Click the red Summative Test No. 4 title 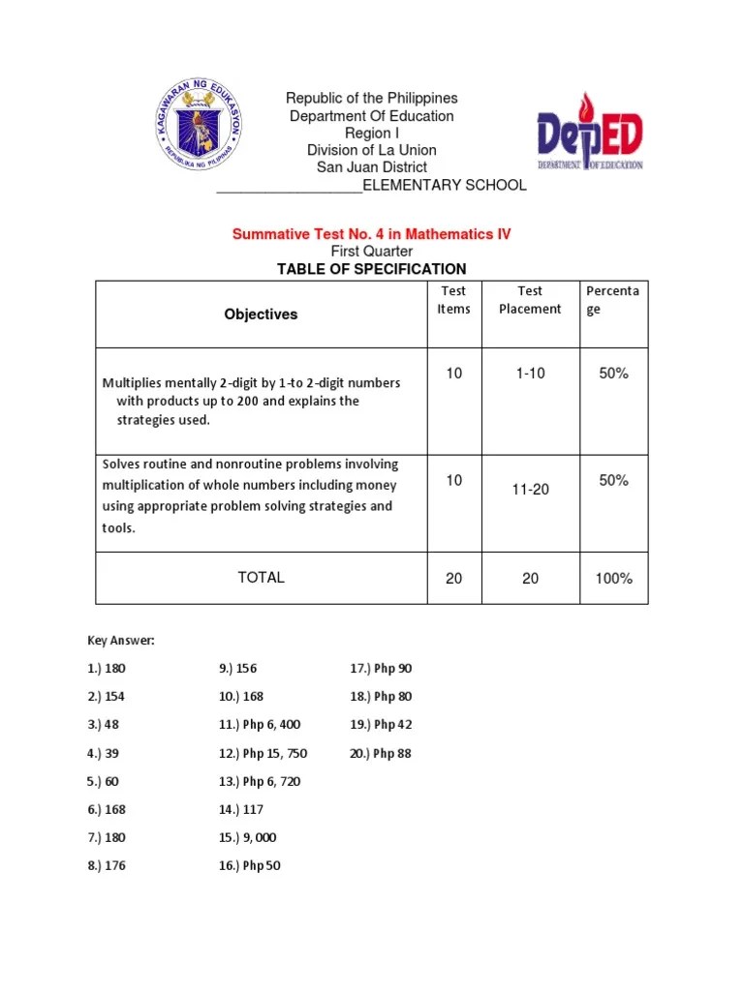pyautogui.click(x=371, y=234)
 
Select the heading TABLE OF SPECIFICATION pyautogui.click(x=371, y=269)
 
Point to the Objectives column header pyautogui.click(x=261, y=315)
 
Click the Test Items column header pyautogui.click(x=453, y=300)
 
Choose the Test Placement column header pyautogui.click(x=530, y=300)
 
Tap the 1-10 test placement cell pyautogui.click(x=530, y=374)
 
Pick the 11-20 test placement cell pyautogui.click(x=530, y=490)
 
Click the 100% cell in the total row pyautogui.click(x=613, y=579)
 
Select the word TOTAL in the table pyautogui.click(x=261, y=578)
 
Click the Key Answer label pyautogui.click(x=121, y=641)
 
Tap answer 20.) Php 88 pyautogui.click(x=381, y=753)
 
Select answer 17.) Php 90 pyautogui.click(x=381, y=669)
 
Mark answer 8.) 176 pyautogui.click(x=107, y=866)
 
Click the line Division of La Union pyautogui.click(x=371, y=150)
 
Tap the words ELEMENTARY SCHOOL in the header pyautogui.click(x=445, y=185)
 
